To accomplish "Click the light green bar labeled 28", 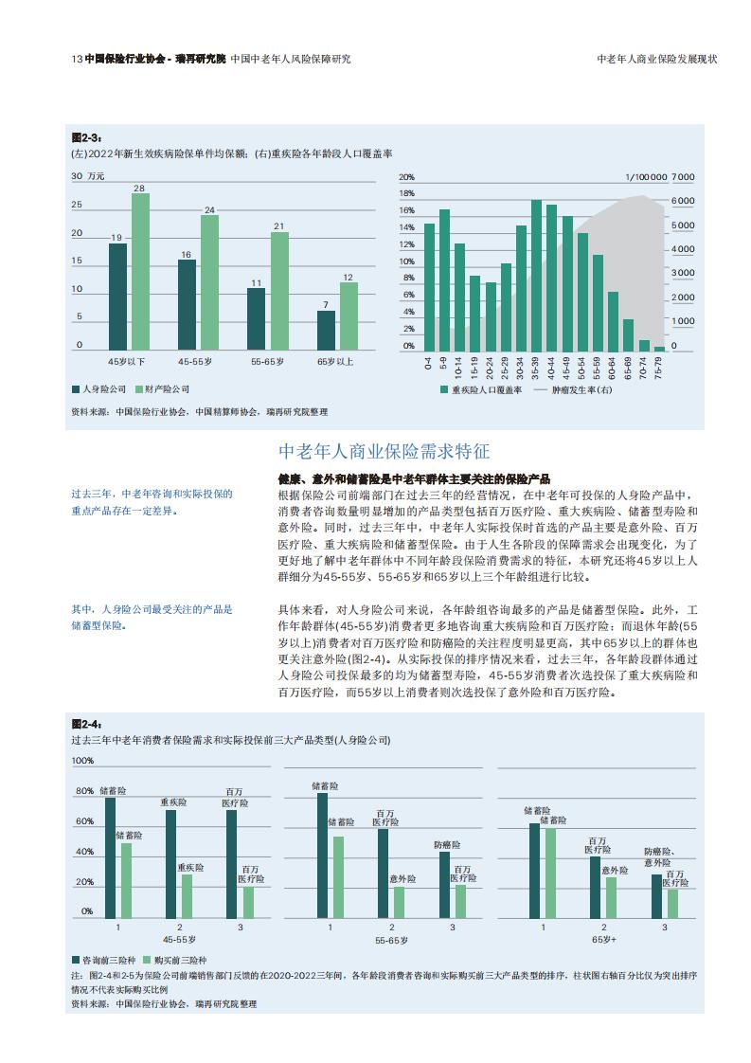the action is point(140,272).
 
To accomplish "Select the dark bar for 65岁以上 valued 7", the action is point(326,331).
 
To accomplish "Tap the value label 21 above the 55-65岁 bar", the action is point(279,226).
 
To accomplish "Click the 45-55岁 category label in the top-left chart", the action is point(195,362).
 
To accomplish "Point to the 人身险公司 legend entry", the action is point(98,389).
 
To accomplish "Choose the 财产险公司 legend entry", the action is point(163,389).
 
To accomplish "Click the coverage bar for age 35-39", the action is point(536,276).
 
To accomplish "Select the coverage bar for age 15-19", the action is point(475,314).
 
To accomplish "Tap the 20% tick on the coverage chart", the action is point(406,177).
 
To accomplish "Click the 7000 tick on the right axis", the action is point(683,177).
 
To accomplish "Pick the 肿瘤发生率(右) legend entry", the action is point(573,389).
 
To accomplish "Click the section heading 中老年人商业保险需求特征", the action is point(384,451).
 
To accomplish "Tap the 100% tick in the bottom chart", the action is point(82,761).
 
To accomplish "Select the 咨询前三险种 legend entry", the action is point(104,961).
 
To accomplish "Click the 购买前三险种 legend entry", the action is point(175,961).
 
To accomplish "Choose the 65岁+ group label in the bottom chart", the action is point(604,940).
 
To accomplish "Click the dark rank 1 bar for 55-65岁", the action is point(323,856).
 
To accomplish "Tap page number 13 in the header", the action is point(77,59).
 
